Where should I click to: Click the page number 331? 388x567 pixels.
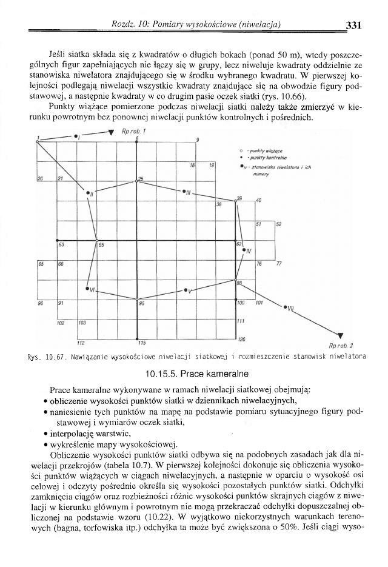(x=352, y=25)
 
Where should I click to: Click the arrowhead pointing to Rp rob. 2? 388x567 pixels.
(x=340, y=335)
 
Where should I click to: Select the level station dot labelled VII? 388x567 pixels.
(x=285, y=307)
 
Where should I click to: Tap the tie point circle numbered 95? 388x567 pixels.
(x=138, y=297)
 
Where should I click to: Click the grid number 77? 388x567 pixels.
(x=278, y=264)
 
